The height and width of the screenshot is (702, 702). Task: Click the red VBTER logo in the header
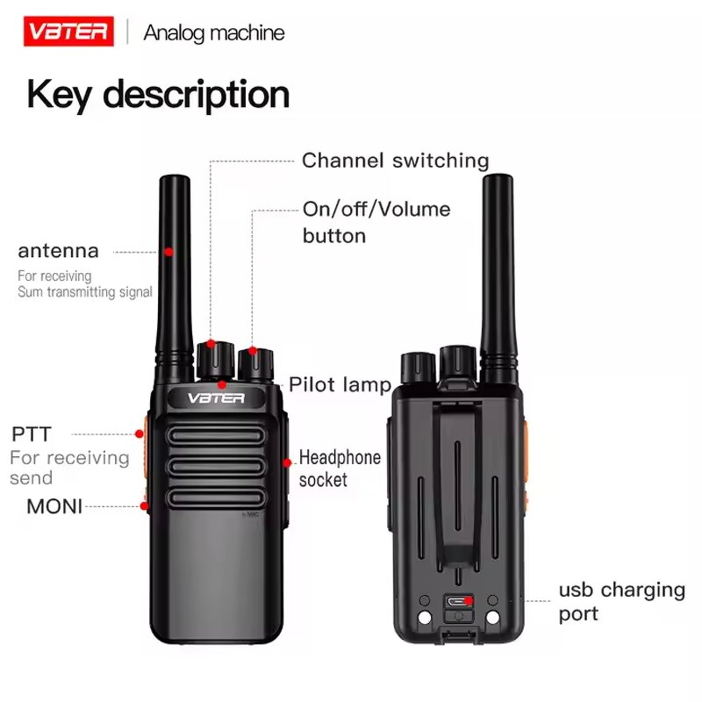68,33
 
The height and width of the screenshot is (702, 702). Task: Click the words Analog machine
214,33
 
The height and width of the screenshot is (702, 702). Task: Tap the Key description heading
158,95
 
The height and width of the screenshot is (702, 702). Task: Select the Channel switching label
395,161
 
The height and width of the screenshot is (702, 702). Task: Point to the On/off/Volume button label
376,222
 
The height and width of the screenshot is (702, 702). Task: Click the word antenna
59,251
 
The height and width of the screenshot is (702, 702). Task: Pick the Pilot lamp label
340,384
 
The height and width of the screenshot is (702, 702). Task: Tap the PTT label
32,433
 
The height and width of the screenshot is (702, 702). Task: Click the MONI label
54,506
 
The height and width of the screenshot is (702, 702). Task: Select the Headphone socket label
340,468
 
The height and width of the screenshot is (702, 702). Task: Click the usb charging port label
621,601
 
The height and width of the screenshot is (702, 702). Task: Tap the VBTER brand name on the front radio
215,398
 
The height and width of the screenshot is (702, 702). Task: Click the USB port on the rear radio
456,603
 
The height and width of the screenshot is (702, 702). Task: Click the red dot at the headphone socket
287,462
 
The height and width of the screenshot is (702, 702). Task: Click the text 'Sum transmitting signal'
85,292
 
